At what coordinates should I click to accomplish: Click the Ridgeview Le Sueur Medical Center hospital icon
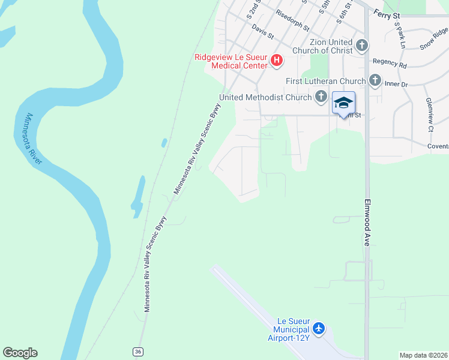pos(277,60)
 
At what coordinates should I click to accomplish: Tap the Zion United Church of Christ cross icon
pos(361,46)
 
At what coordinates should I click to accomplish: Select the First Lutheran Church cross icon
pos(375,80)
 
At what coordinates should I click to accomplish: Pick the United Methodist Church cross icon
pos(321,97)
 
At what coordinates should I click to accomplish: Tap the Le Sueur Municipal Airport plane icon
pos(318,329)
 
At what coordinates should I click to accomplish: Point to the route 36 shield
pos(139,352)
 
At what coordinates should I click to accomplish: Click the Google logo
pos(20,353)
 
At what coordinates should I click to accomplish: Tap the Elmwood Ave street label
pos(368,223)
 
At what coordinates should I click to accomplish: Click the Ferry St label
pos(386,11)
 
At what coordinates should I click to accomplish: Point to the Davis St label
pos(263,31)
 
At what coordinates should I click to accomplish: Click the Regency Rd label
pos(390,62)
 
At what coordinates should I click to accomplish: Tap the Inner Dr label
pos(396,85)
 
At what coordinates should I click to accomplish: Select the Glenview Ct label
pos(430,115)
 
